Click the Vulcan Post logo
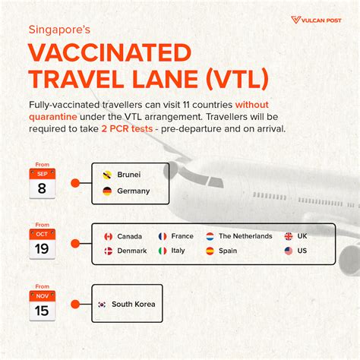pos(316,20)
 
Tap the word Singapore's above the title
pos(59,30)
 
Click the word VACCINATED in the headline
pos(109,52)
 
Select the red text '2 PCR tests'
pos(127,129)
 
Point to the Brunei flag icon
pos(107,175)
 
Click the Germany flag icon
pos(107,191)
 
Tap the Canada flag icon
pos(109,236)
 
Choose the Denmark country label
pos(132,251)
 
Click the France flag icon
pos(163,236)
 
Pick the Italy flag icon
pos(163,251)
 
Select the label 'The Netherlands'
pos(245,236)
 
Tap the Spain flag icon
pos(210,251)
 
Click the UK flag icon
pos(289,236)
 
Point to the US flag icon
pos(289,251)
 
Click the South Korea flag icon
pos(102,305)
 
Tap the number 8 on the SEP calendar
pos(42,188)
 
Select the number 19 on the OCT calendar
pos(42,249)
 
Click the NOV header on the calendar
pos(43,296)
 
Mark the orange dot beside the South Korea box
pos(75,305)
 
